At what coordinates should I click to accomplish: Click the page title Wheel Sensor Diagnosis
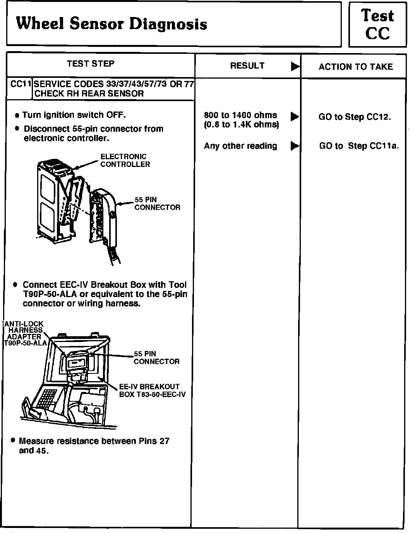(111, 24)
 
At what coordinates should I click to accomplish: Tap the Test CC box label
(377, 24)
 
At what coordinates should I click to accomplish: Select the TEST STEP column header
(91, 64)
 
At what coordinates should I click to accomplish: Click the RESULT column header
(247, 66)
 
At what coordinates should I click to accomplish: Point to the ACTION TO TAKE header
(355, 67)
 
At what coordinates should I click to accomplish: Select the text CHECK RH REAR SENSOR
(89, 94)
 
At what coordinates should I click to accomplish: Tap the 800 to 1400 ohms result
(240, 115)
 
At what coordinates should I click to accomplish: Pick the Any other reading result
(240, 146)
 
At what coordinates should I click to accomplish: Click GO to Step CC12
(355, 117)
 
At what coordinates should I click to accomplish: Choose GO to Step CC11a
(358, 146)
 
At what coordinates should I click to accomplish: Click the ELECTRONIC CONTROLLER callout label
(125, 160)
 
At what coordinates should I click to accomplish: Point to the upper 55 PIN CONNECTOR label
(157, 203)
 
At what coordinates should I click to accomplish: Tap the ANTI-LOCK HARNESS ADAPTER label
(24, 334)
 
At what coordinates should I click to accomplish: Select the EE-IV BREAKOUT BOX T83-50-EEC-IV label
(152, 390)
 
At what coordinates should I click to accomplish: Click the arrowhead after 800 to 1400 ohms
(295, 116)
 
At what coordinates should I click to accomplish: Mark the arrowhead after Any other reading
(295, 146)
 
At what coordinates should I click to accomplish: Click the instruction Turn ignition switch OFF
(74, 115)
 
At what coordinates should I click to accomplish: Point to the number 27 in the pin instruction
(164, 441)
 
